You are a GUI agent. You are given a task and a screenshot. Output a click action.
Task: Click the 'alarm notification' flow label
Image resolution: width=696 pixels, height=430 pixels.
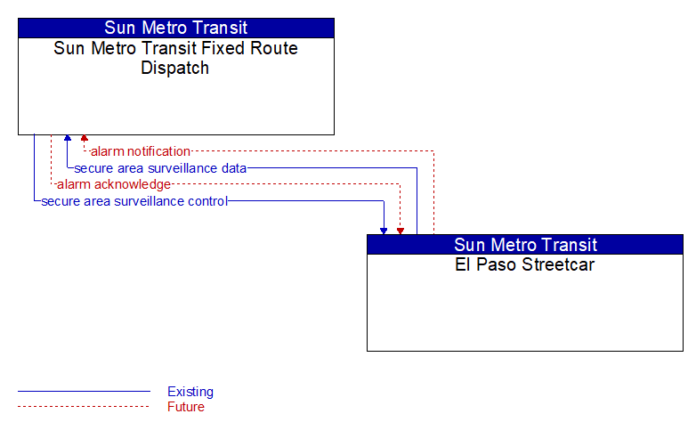tap(141, 151)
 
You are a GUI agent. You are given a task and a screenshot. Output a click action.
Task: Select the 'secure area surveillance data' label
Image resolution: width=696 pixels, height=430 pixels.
tap(160, 168)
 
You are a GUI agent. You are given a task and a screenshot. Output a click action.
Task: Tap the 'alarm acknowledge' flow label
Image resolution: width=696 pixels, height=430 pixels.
tap(114, 184)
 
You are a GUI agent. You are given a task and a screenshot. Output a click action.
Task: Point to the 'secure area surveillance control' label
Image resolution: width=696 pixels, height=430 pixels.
tap(134, 201)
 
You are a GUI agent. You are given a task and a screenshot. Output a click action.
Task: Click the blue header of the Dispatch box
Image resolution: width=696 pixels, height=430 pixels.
tap(176, 28)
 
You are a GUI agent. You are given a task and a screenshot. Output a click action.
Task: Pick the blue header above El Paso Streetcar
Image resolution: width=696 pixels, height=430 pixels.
tap(525, 245)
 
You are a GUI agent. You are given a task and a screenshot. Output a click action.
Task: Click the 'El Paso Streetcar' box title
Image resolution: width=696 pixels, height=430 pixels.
tap(524, 264)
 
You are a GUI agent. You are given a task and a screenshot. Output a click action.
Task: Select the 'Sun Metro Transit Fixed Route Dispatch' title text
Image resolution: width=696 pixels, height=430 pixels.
tap(175, 58)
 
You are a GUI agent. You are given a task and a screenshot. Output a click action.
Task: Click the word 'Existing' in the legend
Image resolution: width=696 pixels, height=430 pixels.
tap(190, 392)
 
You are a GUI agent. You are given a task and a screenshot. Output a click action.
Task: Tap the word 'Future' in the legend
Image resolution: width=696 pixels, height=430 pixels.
tap(186, 407)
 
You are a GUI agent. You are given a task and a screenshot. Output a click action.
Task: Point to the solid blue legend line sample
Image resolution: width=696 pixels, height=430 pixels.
tap(84, 392)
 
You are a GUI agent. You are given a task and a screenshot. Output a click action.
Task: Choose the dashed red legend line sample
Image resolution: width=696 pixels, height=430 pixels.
tap(84, 406)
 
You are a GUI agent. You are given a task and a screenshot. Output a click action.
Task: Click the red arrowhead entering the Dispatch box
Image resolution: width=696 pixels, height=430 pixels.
tap(85, 138)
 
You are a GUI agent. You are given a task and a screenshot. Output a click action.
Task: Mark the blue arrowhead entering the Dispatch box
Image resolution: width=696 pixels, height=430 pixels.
tap(68, 138)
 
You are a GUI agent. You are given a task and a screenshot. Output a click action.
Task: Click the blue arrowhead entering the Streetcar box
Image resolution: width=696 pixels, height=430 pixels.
tap(384, 231)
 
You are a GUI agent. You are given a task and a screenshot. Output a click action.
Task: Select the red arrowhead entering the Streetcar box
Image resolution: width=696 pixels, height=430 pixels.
tap(401, 231)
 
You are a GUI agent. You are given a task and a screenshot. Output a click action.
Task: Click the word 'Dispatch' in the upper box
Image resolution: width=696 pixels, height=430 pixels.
tap(174, 68)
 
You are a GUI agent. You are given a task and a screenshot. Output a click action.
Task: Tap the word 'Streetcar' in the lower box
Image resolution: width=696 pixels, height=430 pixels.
tap(558, 264)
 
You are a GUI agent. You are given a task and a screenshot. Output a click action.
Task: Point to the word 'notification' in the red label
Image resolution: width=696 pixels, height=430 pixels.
tap(158, 151)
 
